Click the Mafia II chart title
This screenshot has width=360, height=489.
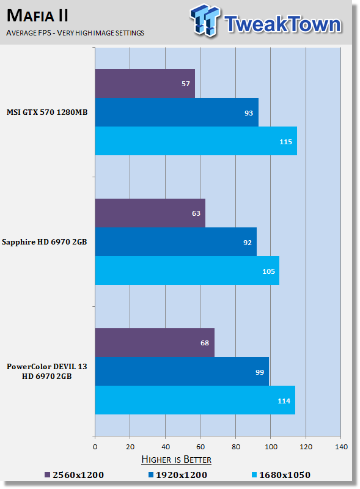point(37,16)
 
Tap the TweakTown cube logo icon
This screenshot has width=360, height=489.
point(205,20)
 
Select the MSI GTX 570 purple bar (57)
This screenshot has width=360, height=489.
point(145,83)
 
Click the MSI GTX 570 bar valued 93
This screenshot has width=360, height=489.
point(177,112)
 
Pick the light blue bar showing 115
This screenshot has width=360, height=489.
point(196,141)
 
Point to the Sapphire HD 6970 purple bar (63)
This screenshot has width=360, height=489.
point(150,213)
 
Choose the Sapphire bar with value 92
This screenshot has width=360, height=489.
point(176,241)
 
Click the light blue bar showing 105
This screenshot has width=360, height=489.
point(187,270)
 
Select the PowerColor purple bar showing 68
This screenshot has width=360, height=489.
point(155,342)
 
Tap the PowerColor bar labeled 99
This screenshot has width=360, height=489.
point(182,372)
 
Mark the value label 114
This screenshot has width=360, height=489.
point(284,401)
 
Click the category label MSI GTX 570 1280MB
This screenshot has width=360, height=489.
point(47,112)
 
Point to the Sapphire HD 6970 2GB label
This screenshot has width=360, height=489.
point(44,242)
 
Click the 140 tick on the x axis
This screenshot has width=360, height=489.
point(341,447)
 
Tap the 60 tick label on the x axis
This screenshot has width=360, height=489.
point(200,447)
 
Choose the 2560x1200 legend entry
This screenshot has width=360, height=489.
point(74,475)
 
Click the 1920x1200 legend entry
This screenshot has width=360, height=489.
point(178,475)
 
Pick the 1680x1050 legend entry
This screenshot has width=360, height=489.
point(281,475)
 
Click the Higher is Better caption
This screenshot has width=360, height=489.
point(176,460)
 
